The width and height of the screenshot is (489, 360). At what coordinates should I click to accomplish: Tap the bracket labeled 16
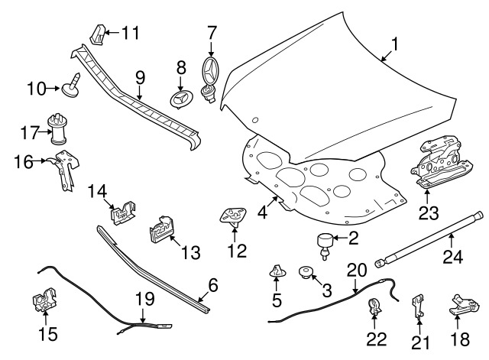pos(66,170)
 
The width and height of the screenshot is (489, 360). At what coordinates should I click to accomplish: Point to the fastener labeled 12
pos(233,217)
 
